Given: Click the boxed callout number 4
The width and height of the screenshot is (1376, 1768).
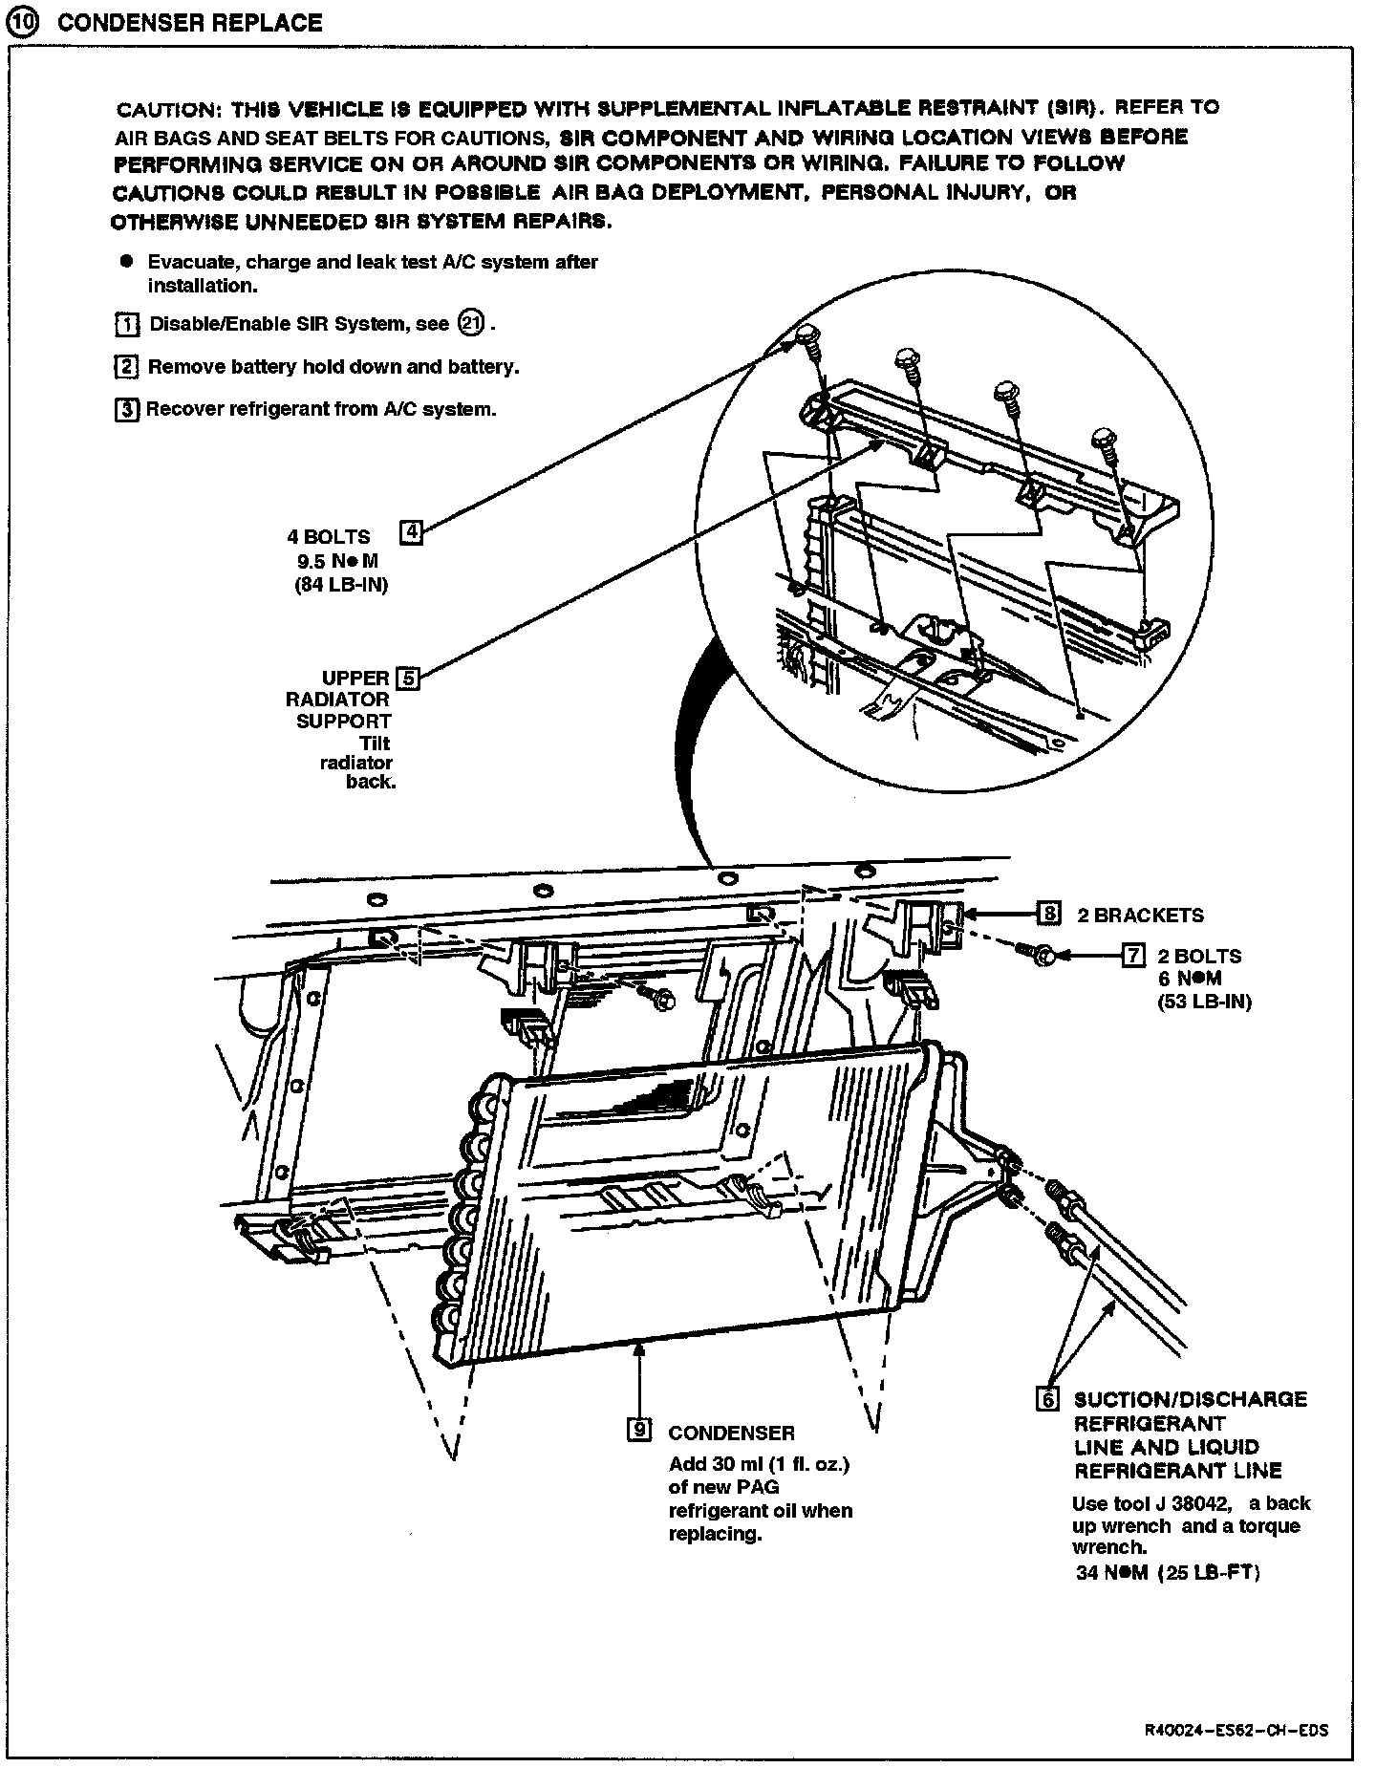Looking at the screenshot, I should [x=410, y=532].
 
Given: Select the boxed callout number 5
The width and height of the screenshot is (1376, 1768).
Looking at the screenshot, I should [x=407, y=679].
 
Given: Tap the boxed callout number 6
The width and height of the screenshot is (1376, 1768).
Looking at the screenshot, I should [x=1048, y=1398].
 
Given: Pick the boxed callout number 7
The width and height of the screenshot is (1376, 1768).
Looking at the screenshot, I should [x=1132, y=954].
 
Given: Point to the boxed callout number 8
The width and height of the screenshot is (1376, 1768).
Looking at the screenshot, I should [x=1049, y=914].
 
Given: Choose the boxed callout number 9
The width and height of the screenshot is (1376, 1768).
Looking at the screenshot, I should [x=638, y=1430].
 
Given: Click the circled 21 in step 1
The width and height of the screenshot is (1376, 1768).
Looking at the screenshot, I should [x=471, y=323].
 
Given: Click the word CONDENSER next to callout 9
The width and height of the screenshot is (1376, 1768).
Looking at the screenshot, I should [x=731, y=1433].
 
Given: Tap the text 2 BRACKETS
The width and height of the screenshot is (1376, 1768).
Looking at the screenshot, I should [x=1140, y=915].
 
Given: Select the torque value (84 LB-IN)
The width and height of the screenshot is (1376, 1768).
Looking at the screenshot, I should [x=341, y=585].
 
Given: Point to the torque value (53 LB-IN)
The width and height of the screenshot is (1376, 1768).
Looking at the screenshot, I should [x=1204, y=1002].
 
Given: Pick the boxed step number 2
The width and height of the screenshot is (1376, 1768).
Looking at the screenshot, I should [x=126, y=366].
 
